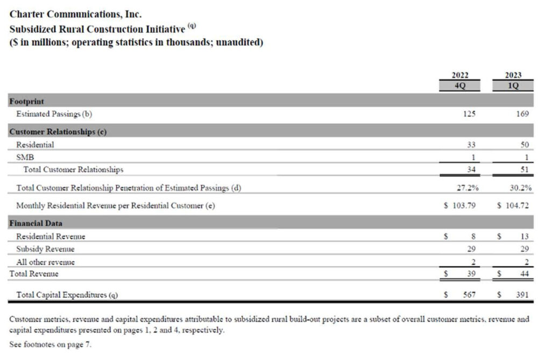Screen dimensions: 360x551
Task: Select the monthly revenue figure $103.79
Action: (460, 206)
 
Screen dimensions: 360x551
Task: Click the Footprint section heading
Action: (27, 101)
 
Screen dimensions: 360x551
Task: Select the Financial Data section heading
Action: (36, 223)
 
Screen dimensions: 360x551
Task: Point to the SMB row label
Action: (25, 157)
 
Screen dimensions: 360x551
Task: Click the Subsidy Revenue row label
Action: (45, 249)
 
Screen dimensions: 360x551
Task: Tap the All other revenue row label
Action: (45, 262)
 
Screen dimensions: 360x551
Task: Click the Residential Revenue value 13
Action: (525, 236)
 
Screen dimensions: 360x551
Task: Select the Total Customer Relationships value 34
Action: (471, 170)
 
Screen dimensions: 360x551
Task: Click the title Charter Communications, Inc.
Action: (76, 15)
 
